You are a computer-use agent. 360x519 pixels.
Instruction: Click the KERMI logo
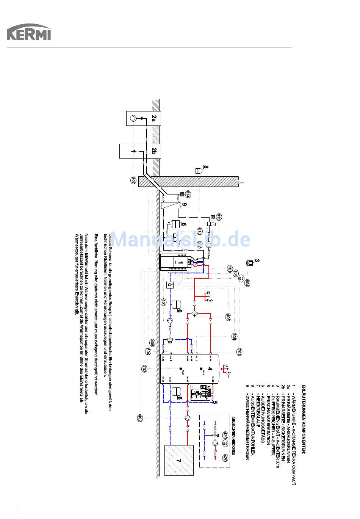pos(28,33)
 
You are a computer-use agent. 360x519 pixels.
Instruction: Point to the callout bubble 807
pos(133,180)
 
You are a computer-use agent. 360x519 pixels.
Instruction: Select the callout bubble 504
pos(247,283)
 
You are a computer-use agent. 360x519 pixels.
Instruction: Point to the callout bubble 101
pos(230,269)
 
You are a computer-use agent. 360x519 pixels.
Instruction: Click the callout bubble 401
pos(163,302)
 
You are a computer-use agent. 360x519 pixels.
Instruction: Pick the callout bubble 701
pos(239,352)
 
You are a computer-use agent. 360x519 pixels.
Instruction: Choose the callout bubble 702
pos(144,368)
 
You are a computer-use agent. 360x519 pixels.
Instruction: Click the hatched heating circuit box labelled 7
pos(179,460)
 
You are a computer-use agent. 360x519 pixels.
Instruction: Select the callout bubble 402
pos(140,418)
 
